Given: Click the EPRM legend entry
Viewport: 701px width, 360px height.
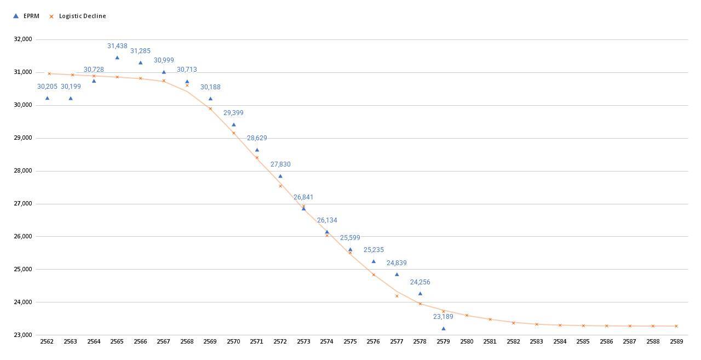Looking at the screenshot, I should tap(26, 16).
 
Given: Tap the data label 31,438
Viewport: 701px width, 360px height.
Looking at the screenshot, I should tap(117, 47).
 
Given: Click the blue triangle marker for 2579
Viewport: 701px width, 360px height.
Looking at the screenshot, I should tap(444, 328).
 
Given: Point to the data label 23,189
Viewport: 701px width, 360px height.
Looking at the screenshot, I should tap(443, 317).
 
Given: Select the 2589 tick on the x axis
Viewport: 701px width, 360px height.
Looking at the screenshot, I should tap(676, 341).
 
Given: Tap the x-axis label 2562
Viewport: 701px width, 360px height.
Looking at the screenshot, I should tap(47, 341).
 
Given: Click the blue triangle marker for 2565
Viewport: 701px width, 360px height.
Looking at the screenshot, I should tap(117, 58).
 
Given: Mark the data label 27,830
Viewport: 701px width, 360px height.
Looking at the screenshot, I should tap(280, 164).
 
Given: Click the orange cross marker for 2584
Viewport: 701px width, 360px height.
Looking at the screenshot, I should tap(560, 325).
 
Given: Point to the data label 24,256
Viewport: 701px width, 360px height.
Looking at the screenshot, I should tap(420, 282).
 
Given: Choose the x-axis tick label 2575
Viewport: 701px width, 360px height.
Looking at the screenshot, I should tap(350, 341).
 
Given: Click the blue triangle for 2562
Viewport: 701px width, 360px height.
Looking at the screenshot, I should tap(47, 98).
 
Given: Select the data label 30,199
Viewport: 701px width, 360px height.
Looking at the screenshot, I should tap(71, 87).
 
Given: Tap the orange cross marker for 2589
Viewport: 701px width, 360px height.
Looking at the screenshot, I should tap(676, 326).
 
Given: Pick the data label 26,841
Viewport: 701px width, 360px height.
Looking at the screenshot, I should tap(303, 197).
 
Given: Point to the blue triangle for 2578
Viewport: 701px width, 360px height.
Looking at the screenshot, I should tap(420, 293).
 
